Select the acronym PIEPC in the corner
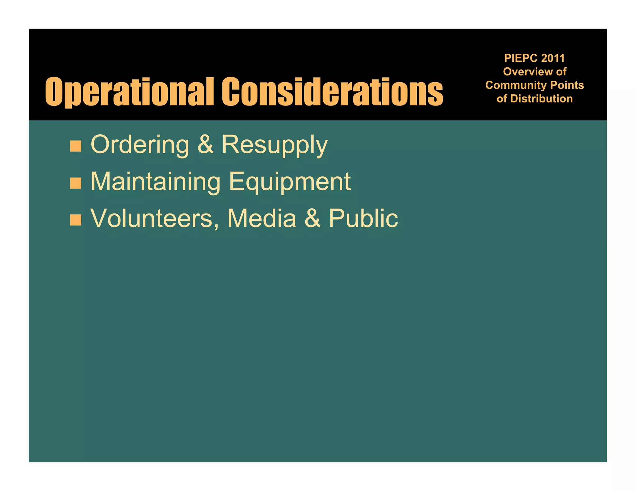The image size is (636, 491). tap(521, 58)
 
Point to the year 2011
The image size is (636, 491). tap(553, 58)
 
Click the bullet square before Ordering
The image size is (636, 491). tap(75, 146)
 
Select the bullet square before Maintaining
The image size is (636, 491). tap(75, 183)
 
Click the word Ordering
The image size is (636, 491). tap(140, 145)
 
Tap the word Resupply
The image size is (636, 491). tap(275, 145)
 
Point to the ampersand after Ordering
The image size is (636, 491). tap(206, 145)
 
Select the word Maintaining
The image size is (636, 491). tap(155, 182)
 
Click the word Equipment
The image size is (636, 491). tap(290, 182)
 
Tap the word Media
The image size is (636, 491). tap(261, 218)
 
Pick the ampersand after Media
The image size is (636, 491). tap(312, 218)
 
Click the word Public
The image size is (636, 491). tap(363, 218)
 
